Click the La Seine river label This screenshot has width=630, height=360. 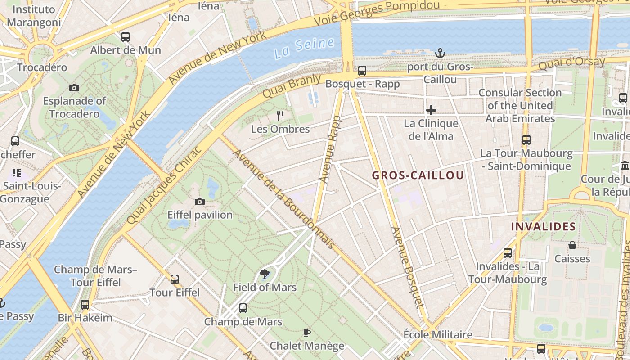(304, 48)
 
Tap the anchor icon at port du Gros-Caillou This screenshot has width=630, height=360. (440, 54)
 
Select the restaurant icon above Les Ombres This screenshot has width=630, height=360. (280, 116)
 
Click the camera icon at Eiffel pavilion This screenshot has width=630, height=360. (200, 202)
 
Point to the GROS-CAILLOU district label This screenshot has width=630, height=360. (418, 175)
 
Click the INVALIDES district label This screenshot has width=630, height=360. (543, 226)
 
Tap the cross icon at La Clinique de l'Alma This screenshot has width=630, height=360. (431, 110)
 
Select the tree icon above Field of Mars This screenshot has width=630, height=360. (265, 274)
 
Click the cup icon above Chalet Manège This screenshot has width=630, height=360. (307, 333)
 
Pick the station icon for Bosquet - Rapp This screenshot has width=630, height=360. (362, 71)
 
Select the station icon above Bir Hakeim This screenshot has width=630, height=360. (85, 305)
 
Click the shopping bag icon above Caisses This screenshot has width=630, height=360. (572, 245)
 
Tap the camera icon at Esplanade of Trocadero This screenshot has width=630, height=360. (74, 88)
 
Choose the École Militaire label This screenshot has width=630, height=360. (438, 334)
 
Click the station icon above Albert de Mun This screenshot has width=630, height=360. (126, 37)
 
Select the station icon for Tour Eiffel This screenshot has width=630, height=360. (175, 279)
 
